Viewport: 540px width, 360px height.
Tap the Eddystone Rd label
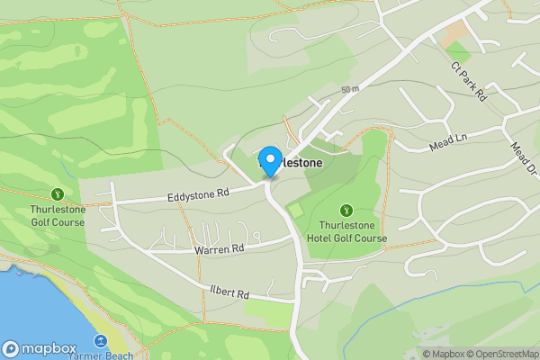[199, 193]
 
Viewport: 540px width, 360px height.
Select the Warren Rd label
[219, 248]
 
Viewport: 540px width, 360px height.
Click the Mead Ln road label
[450, 139]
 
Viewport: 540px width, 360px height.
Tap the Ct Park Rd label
[468, 81]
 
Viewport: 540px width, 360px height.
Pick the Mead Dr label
[523, 158]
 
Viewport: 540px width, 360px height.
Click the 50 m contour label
[350, 89]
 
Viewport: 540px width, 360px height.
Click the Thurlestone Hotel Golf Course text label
[352, 232]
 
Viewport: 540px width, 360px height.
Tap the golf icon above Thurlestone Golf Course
[58, 193]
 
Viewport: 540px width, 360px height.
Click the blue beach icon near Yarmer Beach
[100, 341]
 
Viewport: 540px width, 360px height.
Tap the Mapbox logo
[38, 348]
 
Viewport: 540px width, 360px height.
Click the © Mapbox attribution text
[444, 354]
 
